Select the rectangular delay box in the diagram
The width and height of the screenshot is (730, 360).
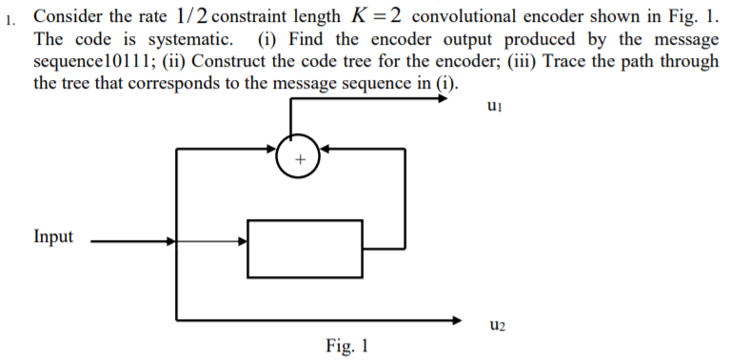[305, 247]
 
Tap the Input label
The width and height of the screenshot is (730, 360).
[53, 236]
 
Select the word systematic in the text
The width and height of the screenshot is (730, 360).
[192, 40]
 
